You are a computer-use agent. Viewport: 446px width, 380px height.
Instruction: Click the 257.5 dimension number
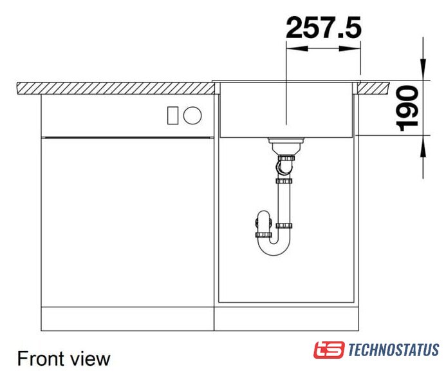click(x=324, y=28)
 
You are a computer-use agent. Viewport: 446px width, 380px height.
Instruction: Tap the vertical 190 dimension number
click(x=407, y=108)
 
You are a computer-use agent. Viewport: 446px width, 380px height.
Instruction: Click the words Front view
click(x=64, y=359)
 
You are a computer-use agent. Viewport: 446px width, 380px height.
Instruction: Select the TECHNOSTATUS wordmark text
click(x=394, y=350)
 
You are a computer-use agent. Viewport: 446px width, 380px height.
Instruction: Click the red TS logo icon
click(x=329, y=350)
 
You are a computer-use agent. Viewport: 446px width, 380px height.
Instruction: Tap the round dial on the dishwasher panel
click(x=192, y=115)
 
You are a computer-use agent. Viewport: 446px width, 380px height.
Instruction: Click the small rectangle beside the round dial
click(x=172, y=115)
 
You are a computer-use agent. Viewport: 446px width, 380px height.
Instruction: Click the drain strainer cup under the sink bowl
click(x=286, y=146)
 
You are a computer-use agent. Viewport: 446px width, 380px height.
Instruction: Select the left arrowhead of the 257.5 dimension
click(x=297, y=49)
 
